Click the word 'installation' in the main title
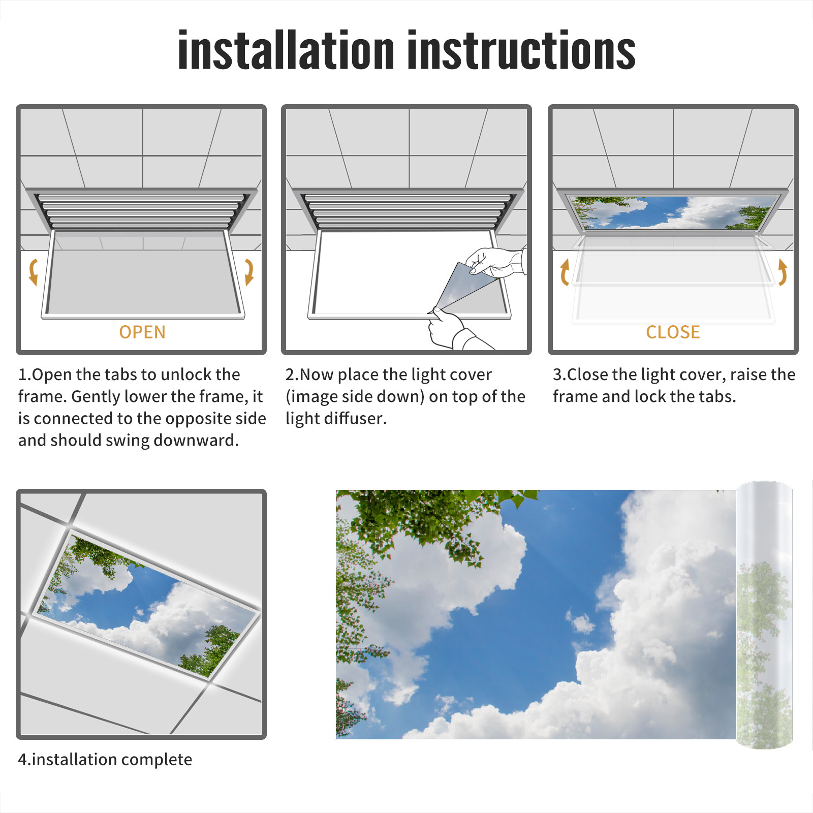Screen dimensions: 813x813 click(286, 49)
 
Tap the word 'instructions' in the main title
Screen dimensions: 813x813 click(521, 49)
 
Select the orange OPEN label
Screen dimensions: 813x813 click(142, 332)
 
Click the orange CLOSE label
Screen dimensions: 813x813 click(673, 332)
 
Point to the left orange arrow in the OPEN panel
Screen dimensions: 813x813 click(33, 272)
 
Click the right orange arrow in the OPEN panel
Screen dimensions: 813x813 click(249, 272)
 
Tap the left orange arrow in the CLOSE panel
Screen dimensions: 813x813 click(565, 272)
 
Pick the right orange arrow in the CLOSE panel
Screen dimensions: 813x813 click(783, 272)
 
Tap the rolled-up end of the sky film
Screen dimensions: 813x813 click(764, 615)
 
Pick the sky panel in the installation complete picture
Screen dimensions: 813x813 click(147, 604)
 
